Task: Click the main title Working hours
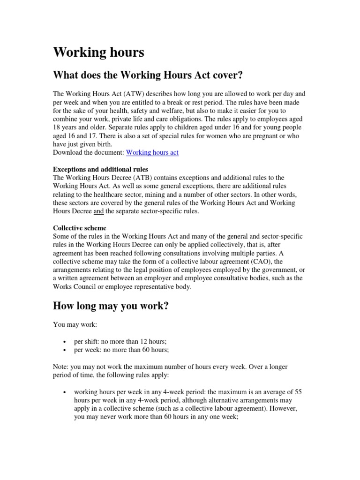98,52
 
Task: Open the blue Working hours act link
152,153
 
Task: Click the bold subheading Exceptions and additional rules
101,169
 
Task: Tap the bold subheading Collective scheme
80,228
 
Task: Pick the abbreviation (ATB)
136,178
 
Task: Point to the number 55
300,392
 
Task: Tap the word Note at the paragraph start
60,367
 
